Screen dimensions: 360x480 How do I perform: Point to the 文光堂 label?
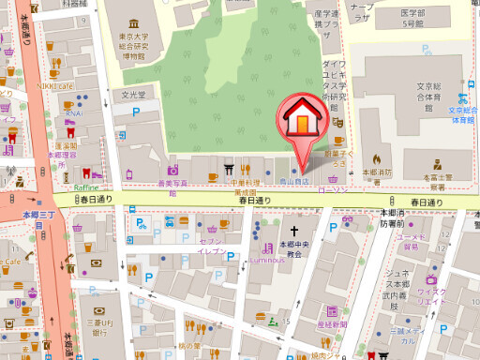pyautogui.click(x=136, y=95)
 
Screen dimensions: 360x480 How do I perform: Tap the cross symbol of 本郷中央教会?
pyautogui.click(x=293, y=231)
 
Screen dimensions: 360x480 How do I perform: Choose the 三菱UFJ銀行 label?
pyautogui.click(x=97, y=323)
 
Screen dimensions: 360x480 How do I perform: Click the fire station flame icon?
pyautogui.click(x=376, y=158)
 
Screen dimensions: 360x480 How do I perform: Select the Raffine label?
pyautogui.click(x=85, y=187)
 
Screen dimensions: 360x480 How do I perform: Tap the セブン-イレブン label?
pyautogui.click(x=212, y=247)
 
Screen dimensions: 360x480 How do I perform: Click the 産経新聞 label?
pyautogui.click(x=334, y=322)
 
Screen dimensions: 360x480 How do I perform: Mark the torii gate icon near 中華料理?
pyautogui.click(x=228, y=171)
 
